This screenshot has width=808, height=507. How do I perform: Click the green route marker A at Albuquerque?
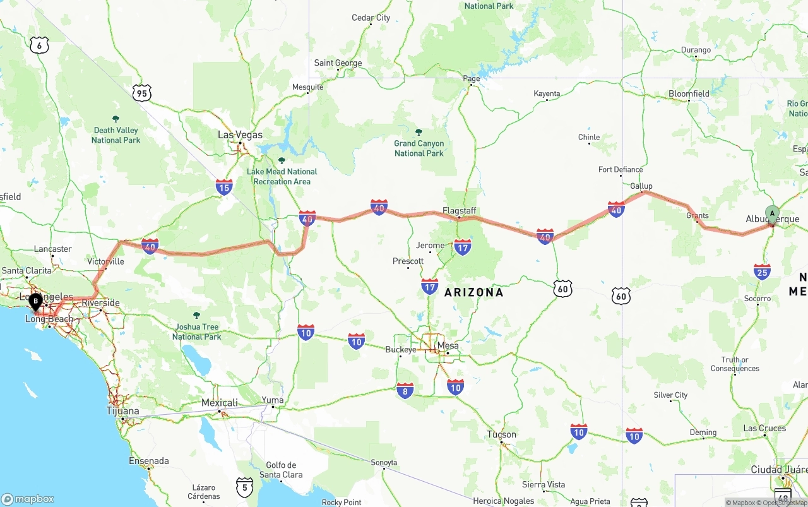(772, 213)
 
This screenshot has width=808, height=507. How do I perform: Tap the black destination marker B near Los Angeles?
(35, 301)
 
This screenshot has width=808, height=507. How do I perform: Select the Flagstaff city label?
(459, 210)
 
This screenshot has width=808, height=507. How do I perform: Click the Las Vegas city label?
(240, 134)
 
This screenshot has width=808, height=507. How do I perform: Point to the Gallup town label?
(641, 186)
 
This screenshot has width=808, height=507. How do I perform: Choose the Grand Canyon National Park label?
(419, 148)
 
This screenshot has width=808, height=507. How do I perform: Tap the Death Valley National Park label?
(116, 135)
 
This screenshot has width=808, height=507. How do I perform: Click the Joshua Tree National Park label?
(197, 331)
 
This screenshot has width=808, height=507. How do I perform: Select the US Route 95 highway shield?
(142, 93)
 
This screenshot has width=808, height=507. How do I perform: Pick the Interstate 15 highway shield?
(224, 186)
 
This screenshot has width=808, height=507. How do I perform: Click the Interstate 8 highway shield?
(405, 391)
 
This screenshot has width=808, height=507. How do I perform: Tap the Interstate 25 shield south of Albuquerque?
(762, 271)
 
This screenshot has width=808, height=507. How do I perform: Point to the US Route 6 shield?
(39, 45)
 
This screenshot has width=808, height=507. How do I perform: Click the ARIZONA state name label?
(474, 292)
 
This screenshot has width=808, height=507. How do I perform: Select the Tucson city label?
(502, 434)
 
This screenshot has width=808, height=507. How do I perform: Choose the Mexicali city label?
(220, 403)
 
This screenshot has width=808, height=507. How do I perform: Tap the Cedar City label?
(371, 18)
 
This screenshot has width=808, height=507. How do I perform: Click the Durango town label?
(696, 50)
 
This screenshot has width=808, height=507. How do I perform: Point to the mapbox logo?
(28, 499)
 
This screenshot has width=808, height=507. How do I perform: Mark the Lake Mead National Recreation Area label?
(282, 176)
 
